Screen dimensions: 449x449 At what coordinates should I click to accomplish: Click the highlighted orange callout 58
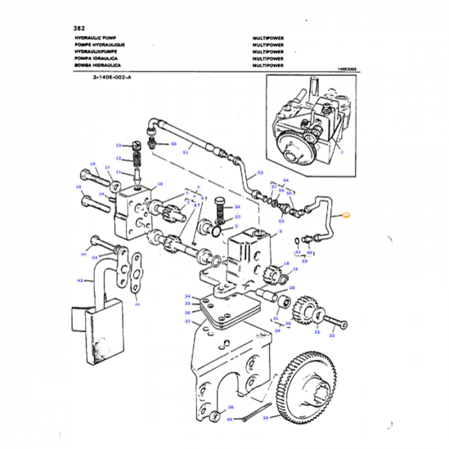(346, 216)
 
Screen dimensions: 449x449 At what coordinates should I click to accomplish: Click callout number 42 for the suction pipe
(80, 280)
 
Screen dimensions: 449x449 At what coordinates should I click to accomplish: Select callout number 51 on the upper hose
(185, 152)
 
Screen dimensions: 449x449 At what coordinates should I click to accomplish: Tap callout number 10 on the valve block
(160, 184)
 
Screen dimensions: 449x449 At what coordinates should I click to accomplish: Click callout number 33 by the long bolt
(332, 335)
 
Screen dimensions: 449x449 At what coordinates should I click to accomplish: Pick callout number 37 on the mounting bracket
(188, 321)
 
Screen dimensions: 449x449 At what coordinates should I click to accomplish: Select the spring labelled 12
(136, 158)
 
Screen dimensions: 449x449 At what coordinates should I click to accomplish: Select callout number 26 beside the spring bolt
(237, 207)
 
